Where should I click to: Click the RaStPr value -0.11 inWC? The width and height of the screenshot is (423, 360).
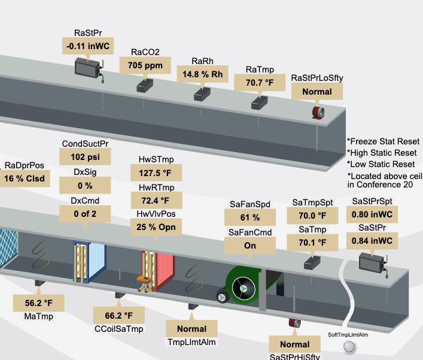point(88,46)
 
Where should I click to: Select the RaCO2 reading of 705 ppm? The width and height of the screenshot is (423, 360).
point(145,65)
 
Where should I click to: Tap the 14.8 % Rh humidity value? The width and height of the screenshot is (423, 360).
point(203,74)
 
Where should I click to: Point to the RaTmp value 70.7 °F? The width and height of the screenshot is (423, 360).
point(260,83)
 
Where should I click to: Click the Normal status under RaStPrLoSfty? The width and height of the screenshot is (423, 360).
point(317,92)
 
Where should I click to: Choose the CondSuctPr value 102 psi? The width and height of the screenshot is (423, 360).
point(85,157)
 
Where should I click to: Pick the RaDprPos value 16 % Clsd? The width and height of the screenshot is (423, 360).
point(25,179)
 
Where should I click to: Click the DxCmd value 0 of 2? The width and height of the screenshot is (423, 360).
point(85,214)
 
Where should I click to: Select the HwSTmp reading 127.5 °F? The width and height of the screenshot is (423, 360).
point(156,173)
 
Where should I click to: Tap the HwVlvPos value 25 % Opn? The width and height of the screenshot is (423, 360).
point(156,227)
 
